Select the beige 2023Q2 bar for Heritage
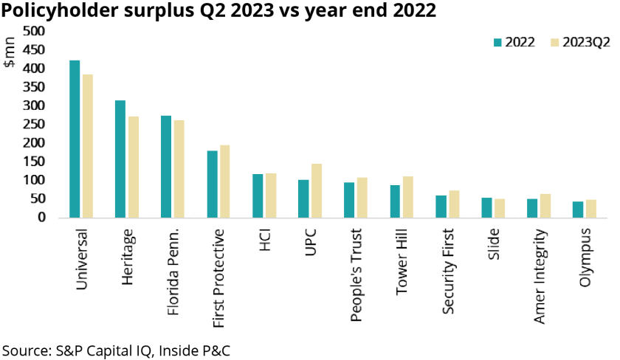tap(134, 167)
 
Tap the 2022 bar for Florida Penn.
tap(166, 167)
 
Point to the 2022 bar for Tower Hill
tap(395, 201)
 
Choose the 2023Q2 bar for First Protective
tap(225, 181)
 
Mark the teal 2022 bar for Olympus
tap(578, 210)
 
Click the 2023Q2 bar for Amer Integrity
tap(545, 206)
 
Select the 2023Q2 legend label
tap(586, 42)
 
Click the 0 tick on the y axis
tap(41, 218)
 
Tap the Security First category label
tap(447, 271)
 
